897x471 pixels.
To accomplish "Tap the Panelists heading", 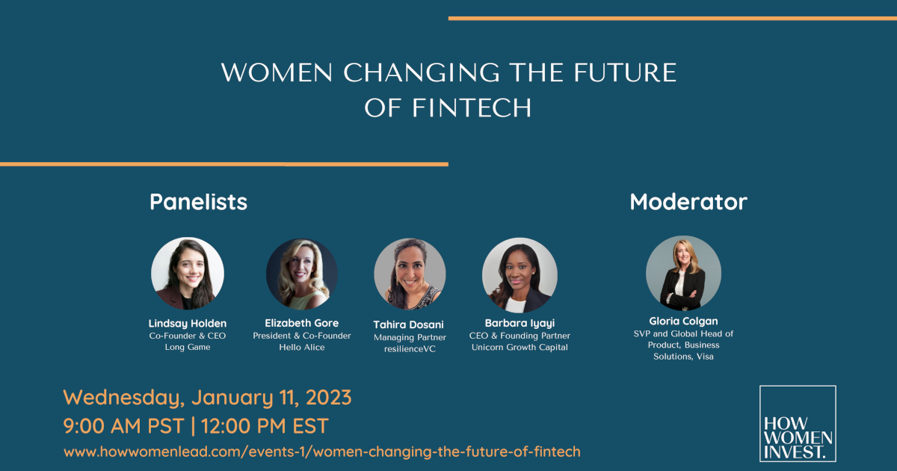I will click(198, 202).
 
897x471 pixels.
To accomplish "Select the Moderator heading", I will click(688, 202).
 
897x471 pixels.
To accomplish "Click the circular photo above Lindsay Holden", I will click(188, 274).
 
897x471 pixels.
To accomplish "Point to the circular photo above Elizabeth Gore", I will click(302, 274).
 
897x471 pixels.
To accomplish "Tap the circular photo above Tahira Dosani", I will click(410, 274).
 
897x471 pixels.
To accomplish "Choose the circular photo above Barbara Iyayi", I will click(520, 274).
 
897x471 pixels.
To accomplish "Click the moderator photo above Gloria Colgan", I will click(683, 274).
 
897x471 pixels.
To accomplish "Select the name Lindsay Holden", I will click(188, 324).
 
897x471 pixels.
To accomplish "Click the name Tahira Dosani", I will click(410, 324).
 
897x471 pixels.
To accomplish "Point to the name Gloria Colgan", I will click(683, 321).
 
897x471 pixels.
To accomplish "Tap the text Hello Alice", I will click(302, 348).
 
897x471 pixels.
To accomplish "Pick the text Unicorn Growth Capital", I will click(520, 348).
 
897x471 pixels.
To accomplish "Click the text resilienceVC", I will click(410, 349).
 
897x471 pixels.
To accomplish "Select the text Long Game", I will click(188, 348).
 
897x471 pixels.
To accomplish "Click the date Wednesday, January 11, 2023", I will click(207, 398).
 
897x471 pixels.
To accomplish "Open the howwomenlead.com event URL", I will click(321, 452).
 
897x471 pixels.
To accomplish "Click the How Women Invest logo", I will click(798, 423).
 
